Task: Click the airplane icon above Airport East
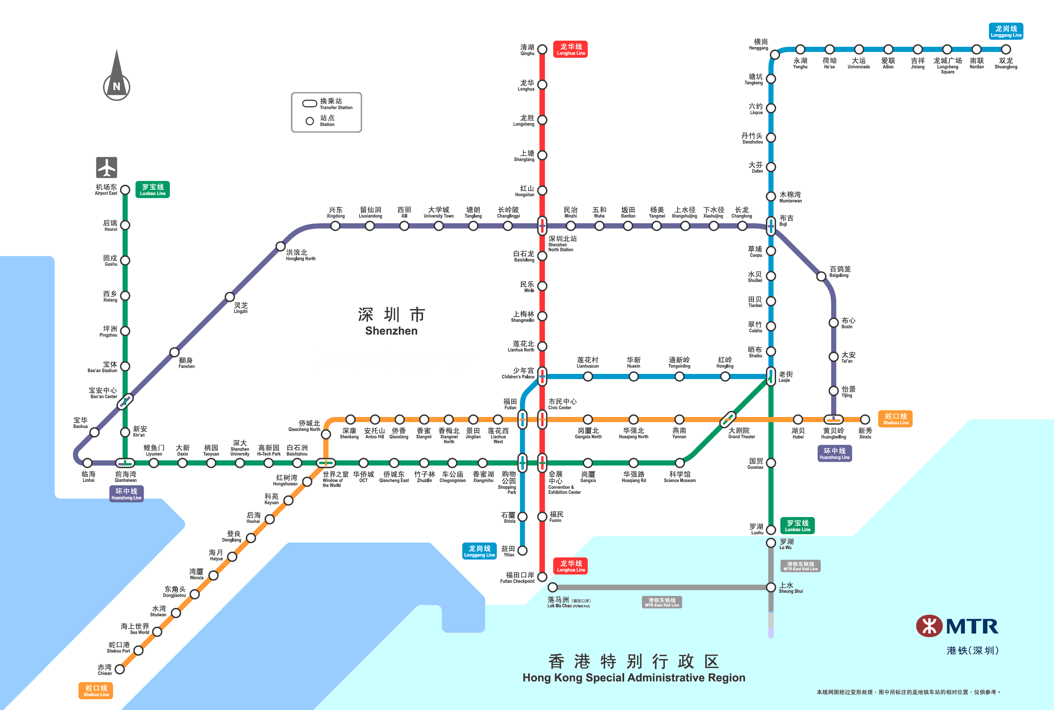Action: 107,168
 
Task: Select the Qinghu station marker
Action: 542,50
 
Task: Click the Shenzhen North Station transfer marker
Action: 542,225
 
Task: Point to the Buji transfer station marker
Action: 771,225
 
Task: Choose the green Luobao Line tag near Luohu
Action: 797,525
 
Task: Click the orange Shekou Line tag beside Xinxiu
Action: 895,419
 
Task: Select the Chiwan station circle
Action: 120,669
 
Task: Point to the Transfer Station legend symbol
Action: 310,103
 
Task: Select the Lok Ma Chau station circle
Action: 552,587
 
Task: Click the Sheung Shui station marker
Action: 771,587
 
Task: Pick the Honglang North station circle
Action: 281,246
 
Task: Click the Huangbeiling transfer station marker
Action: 833,419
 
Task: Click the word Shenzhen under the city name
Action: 391,331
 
